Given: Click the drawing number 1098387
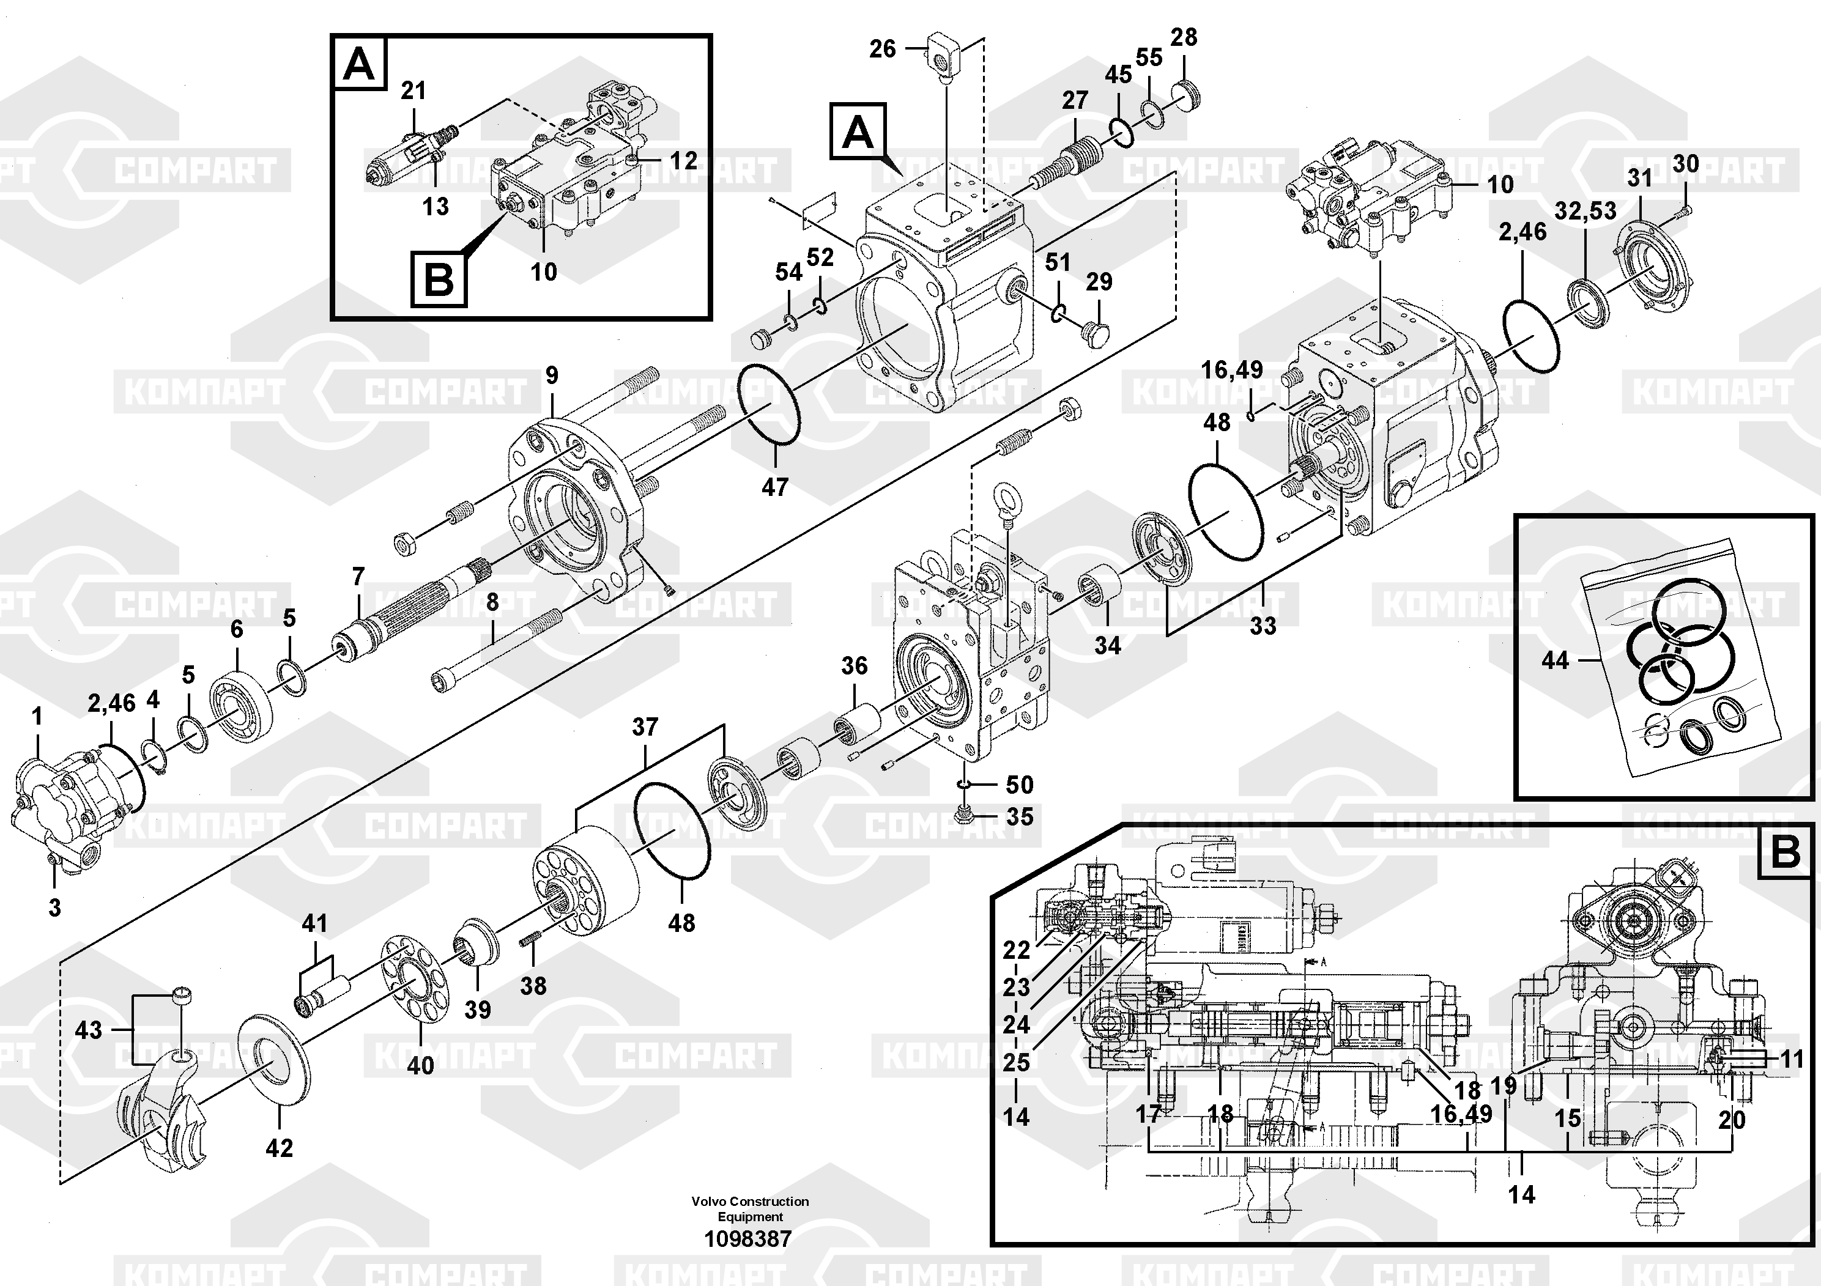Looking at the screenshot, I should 748,1238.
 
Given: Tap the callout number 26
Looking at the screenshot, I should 882,49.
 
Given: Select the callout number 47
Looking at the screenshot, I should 775,487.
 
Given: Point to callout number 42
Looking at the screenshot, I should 279,1147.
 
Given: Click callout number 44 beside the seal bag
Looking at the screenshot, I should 1554,660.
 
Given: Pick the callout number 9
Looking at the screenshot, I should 552,375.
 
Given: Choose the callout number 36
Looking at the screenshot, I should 854,666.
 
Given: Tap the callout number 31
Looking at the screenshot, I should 1639,179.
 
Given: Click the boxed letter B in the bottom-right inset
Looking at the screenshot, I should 1784,852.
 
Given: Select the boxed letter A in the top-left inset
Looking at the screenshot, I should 358,64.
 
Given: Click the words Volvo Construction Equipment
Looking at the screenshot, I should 749,1209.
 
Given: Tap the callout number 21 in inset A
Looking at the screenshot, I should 414,91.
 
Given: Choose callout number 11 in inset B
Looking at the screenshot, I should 1791,1059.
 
